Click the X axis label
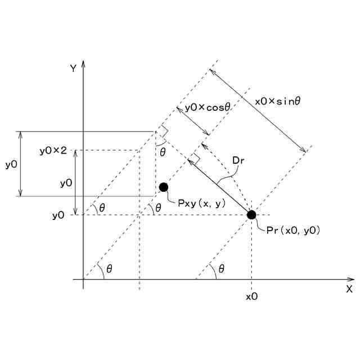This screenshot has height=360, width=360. coord(349,289)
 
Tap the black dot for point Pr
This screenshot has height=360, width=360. coord(251,214)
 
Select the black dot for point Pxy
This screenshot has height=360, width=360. coord(164,187)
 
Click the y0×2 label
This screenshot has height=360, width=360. coord(53,151)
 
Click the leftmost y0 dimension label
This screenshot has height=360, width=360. coord(11,164)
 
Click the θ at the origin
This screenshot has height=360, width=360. coord(109,269)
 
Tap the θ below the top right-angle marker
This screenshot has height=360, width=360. coord(163,152)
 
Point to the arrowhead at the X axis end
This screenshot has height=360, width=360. coord(350,279)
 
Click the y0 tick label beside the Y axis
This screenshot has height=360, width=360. coord(58,215)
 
